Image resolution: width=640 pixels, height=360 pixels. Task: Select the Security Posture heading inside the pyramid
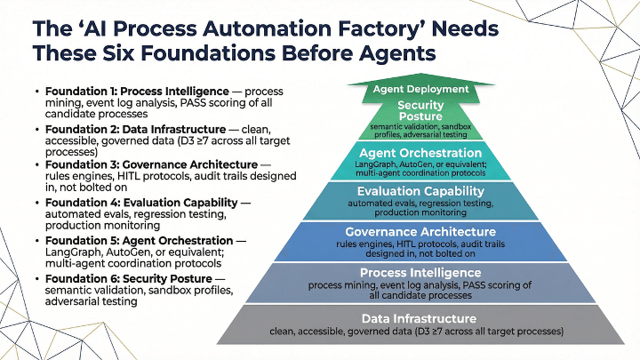pyautogui.click(x=420, y=111)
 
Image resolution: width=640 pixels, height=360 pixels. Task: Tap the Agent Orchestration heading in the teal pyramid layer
pyautogui.click(x=420, y=152)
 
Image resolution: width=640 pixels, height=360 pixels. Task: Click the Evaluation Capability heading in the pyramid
pyautogui.click(x=420, y=191)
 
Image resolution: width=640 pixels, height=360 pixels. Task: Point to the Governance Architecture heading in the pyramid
pyautogui.click(x=420, y=231)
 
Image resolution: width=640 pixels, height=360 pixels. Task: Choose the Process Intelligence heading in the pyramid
pyautogui.click(x=420, y=272)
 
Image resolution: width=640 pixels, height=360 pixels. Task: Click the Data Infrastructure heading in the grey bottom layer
pyautogui.click(x=420, y=318)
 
